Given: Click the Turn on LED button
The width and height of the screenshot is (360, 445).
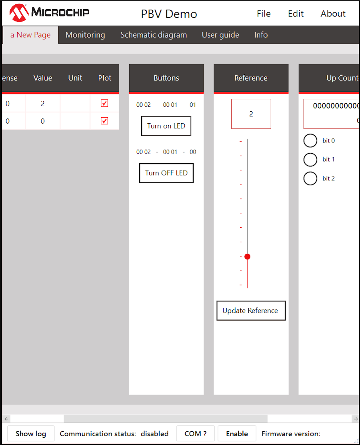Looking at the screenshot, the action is pos(166,126).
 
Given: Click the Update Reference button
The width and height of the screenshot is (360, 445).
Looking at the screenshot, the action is pos(251,311).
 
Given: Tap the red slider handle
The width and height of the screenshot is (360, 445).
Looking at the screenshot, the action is pos(247,257).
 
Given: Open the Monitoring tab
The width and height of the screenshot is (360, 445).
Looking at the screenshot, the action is pos(85,35).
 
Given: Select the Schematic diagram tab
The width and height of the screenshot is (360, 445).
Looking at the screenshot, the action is pos(154,35).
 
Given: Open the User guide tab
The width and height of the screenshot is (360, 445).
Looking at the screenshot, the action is pos(220,35).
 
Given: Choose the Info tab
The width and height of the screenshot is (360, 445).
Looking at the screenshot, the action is pos(261,35).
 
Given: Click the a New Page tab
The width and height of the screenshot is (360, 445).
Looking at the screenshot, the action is pos(31,35).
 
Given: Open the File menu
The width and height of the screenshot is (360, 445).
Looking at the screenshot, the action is pos(264,14).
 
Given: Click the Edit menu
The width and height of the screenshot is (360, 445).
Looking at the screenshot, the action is pos(296,14).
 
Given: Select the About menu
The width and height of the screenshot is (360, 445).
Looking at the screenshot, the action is pos(333,14).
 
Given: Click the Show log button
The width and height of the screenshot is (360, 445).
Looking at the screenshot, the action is pos(31,434).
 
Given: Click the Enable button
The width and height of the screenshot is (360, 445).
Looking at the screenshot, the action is pos(237,434).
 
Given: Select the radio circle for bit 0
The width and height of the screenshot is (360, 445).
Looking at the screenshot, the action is pos(310,140).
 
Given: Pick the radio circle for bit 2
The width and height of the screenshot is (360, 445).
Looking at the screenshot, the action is pos(310,178).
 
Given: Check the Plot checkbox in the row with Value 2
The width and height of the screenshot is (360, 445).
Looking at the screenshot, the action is pos(104,103).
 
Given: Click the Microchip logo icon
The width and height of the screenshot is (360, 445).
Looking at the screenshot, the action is pos(19,13).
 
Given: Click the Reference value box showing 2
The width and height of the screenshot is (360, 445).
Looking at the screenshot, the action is pos(251,114).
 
